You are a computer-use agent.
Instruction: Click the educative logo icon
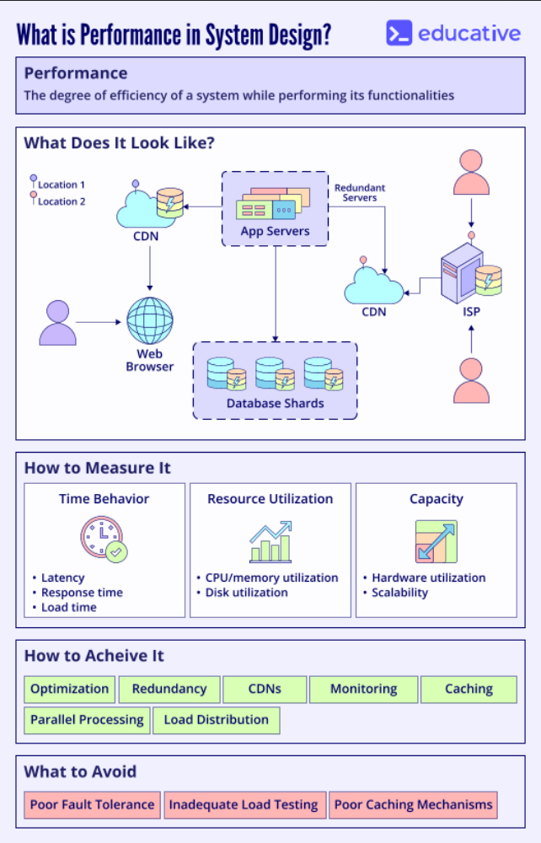(399, 33)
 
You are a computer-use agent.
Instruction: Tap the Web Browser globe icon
(150, 320)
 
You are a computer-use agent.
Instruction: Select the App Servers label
(275, 231)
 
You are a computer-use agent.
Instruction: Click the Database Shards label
(275, 403)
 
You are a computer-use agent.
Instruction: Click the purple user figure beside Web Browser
(57, 322)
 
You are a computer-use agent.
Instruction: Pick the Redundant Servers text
(360, 192)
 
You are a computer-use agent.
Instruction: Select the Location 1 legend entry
(60, 185)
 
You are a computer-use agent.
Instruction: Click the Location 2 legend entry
(60, 201)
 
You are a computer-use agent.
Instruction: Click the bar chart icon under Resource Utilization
(270, 542)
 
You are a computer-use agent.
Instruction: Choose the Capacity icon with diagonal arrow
(436, 541)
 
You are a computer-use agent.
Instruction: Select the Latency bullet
(63, 577)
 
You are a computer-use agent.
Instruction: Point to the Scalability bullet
(399, 593)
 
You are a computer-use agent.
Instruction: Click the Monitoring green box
(362, 689)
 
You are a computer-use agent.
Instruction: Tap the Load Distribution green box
(216, 720)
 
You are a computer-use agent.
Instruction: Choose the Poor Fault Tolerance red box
(92, 804)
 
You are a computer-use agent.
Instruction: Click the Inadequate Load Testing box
(244, 804)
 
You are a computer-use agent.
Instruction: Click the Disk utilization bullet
(246, 593)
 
